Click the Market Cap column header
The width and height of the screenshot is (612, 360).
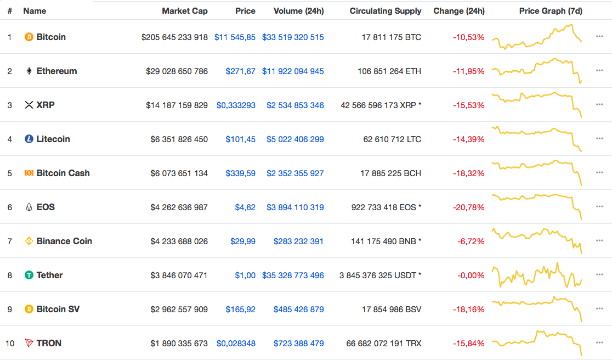(184, 11)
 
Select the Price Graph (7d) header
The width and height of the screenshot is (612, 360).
(551, 11)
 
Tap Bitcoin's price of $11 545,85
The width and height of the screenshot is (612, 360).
(235, 37)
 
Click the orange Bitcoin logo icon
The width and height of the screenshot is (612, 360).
(29, 37)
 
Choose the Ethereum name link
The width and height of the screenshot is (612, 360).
(56, 71)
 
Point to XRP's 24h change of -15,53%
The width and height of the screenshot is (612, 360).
(468, 105)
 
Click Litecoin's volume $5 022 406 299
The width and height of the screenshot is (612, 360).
(295, 139)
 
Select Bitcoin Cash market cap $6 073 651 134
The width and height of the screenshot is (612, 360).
(179, 173)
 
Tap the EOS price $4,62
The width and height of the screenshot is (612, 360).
(245, 207)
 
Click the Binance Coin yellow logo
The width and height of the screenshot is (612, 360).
(29, 241)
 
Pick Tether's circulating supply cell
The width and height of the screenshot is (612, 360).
(380, 275)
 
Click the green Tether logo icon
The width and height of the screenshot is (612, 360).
(29, 275)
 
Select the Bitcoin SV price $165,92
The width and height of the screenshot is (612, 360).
(241, 310)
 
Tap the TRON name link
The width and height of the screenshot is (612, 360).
(49, 344)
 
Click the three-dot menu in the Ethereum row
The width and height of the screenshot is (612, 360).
(599, 71)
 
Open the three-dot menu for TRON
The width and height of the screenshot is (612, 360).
(599, 344)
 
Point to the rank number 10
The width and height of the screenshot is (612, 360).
(10, 344)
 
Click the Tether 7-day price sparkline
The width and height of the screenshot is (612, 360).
(537, 275)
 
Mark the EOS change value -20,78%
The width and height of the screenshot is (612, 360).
(468, 207)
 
